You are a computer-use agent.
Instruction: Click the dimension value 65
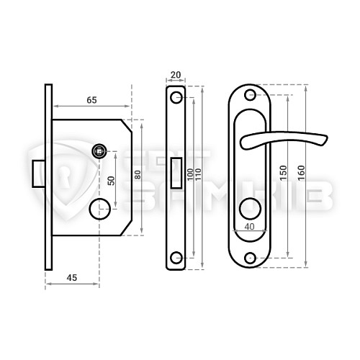coord(91,100)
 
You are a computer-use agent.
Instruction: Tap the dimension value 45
coord(71,275)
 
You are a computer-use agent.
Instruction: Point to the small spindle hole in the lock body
coord(98,150)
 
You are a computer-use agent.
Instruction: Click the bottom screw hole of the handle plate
coord(251,258)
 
